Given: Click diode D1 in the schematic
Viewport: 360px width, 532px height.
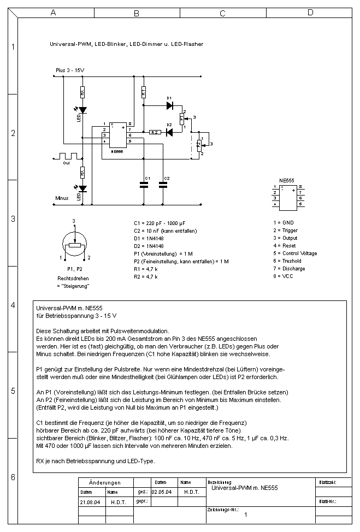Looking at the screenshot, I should click(169, 105).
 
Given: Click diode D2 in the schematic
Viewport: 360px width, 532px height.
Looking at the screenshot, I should click(169, 132).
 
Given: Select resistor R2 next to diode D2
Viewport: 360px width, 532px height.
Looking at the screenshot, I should click(155, 132).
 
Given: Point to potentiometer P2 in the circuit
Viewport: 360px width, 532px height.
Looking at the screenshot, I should click(199, 144).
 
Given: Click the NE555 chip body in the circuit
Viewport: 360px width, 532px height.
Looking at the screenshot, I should click(117, 134).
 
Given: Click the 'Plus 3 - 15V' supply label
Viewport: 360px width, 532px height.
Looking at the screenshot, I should click(70, 71).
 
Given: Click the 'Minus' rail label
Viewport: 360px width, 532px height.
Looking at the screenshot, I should click(62, 198).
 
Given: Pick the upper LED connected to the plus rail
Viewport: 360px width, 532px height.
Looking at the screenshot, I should click(82, 110).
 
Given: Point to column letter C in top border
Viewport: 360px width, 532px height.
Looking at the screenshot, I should click(222, 13).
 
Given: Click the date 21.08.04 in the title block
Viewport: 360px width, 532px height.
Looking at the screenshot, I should click(88, 501).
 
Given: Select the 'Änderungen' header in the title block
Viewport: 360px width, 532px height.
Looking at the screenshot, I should click(104, 483).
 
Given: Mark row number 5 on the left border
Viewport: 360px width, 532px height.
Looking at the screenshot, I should click(13, 391).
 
